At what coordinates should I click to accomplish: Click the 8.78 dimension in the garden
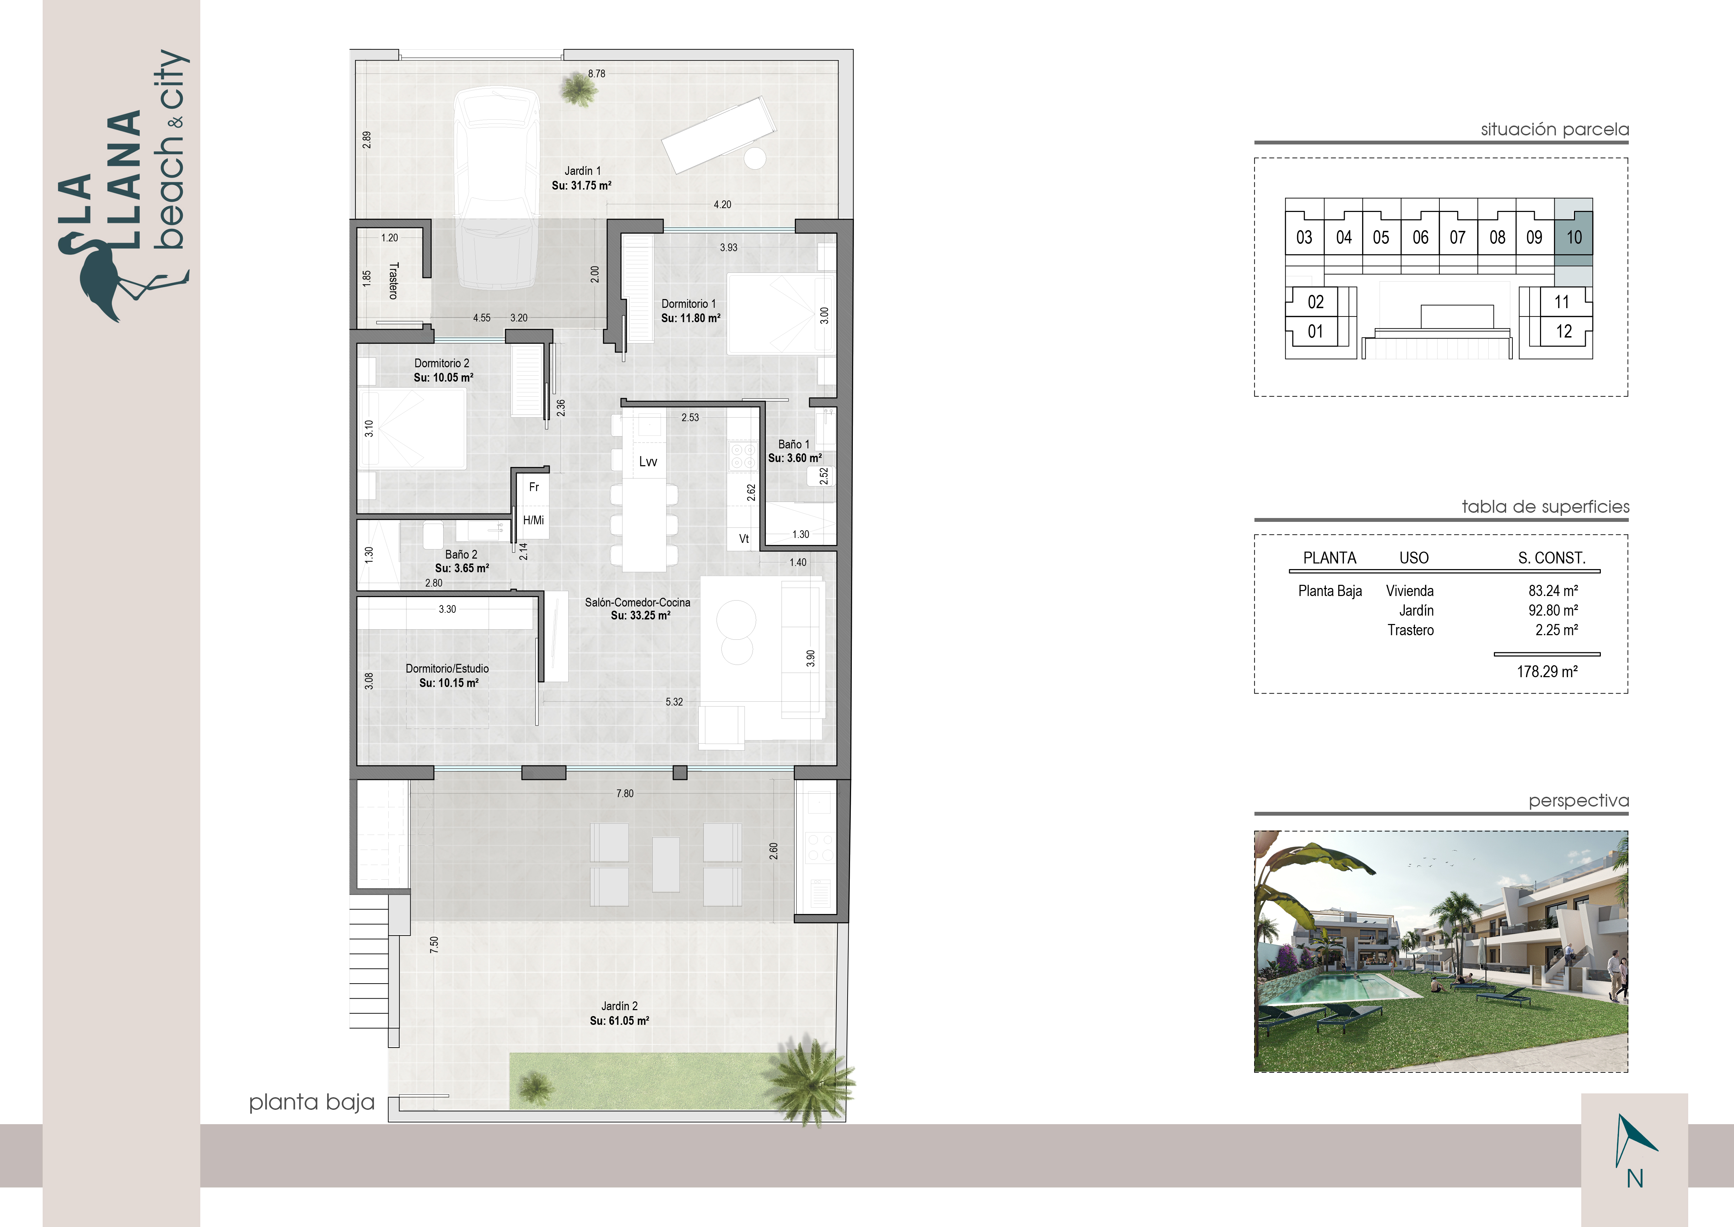click(597, 73)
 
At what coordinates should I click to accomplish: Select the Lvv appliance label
click(648, 462)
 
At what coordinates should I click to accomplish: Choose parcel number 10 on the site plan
click(1574, 237)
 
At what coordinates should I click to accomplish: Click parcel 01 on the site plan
click(1316, 331)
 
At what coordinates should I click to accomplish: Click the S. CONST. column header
click(1552, 558)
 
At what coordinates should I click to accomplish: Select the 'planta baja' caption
click(312, 1102)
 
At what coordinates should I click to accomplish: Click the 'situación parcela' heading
click(1554, 129)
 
